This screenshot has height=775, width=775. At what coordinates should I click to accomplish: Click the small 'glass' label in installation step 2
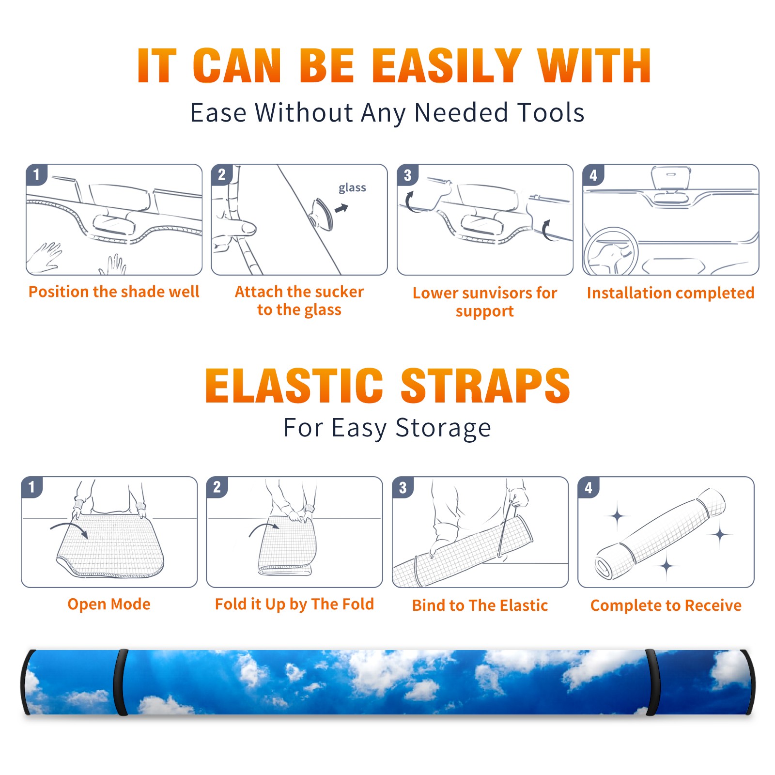click(352, 188)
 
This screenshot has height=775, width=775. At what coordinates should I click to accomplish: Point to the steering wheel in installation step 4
click(611, 252)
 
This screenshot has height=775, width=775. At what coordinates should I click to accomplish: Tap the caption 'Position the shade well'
click(114, 292)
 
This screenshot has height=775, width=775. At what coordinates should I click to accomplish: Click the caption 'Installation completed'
click(670, 293)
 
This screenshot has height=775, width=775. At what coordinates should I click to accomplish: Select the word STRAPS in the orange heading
click(485, 386)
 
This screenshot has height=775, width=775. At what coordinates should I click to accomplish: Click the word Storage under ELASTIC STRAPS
click(443, 429)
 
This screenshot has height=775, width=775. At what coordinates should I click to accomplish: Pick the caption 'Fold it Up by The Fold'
click(294, 604)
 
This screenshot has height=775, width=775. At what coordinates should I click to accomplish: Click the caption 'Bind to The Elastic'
click(480, 605)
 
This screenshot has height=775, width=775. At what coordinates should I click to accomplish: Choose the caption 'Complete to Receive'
click(666, 605)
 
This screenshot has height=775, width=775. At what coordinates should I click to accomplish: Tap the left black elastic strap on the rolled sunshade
click(121, 682)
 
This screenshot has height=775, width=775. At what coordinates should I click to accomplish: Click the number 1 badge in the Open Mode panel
click(32, 487)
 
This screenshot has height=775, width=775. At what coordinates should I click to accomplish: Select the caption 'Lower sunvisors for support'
click(485, 302)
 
